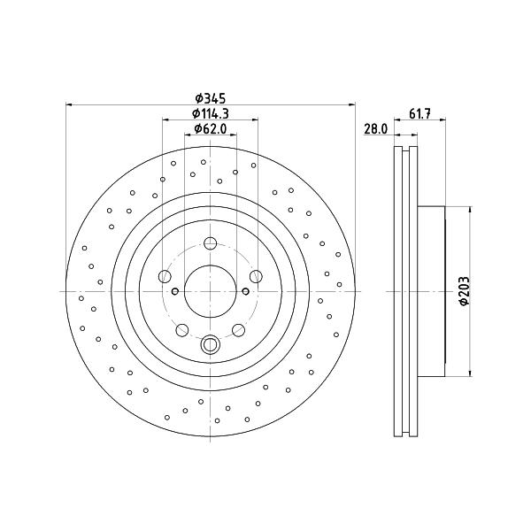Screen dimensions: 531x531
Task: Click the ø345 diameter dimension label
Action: (x=210, y=98)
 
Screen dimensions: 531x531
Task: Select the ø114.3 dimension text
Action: (x=210, y=114)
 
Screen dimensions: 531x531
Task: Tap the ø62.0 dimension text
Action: (x=210, y=128)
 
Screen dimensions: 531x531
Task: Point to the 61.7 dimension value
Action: (x=419, y=114)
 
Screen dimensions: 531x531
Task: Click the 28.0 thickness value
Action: (x=375, y=128)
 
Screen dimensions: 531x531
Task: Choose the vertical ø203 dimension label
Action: (x=465, y=291)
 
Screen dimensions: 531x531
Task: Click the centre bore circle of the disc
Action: (x=211, y=291)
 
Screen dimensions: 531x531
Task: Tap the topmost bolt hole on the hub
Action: (x=211, y=242)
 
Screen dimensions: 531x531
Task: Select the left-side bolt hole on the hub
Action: (x=165, y=276)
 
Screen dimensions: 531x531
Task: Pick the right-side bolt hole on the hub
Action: (x=256, y=276)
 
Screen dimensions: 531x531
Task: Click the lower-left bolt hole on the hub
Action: (x=182, y=330)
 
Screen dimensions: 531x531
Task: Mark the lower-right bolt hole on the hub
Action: (x=238, y=330)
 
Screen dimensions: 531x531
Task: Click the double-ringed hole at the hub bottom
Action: (x=211, y=345)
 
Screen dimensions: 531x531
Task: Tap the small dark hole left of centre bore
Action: (x=175, y=291)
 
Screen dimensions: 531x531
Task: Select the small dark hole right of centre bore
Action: (x=246, y=291)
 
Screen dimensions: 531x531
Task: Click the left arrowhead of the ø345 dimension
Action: (x=69, y=105)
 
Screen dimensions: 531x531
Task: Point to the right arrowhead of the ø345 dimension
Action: (x=352, y=105)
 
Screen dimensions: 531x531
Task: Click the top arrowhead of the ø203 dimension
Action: (x=470, y=210)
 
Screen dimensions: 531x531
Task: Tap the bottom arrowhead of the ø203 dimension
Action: (x=470, y=373)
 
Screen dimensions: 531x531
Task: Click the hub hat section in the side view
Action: (x=431, y=291)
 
